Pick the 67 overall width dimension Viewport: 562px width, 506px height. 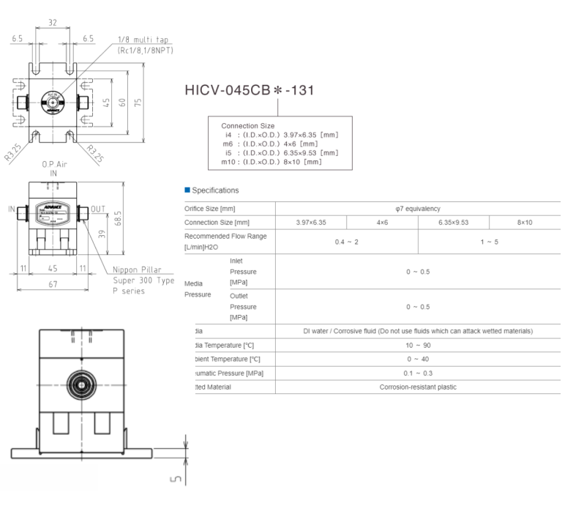(53, 284)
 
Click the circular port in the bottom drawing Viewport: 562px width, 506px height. (78, 384)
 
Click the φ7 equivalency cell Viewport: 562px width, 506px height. (418, 209)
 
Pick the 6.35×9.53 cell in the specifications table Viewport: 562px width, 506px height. (453, 223)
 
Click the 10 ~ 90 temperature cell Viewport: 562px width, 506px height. (418, 345)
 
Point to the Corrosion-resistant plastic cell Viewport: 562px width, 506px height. (418, 387)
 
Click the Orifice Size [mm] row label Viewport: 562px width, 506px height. (210, 209)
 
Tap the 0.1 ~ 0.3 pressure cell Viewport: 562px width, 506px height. (418, 373)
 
